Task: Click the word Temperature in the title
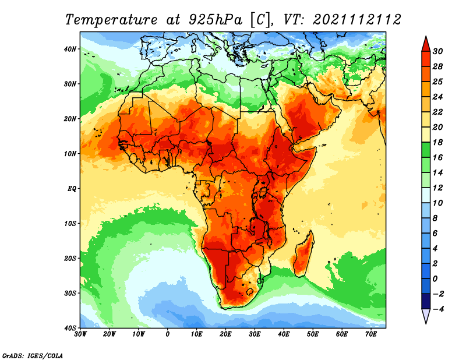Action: click(111, 20)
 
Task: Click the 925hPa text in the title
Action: click(215, 20)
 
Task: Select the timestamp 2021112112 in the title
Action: click(357, 20)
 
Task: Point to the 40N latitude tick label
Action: click(70, 49)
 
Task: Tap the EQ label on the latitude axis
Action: click(72, 189)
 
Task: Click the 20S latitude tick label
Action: click(70, 258)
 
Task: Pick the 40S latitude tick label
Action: click(70, 328)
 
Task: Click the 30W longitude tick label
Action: click(80, 334)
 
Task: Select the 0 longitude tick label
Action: click(168, 334)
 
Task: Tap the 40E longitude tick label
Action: click(284, 334)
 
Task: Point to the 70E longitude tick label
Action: click(371, 334)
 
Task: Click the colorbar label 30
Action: click(437, 51)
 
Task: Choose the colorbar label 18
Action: click(437, 142)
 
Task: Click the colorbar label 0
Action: click(435, 279)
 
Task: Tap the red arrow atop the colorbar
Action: click(426, 44)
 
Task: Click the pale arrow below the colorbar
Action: click(426, 316)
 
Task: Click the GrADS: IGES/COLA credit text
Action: click(33, 355)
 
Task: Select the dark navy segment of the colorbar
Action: click(426, 301)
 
